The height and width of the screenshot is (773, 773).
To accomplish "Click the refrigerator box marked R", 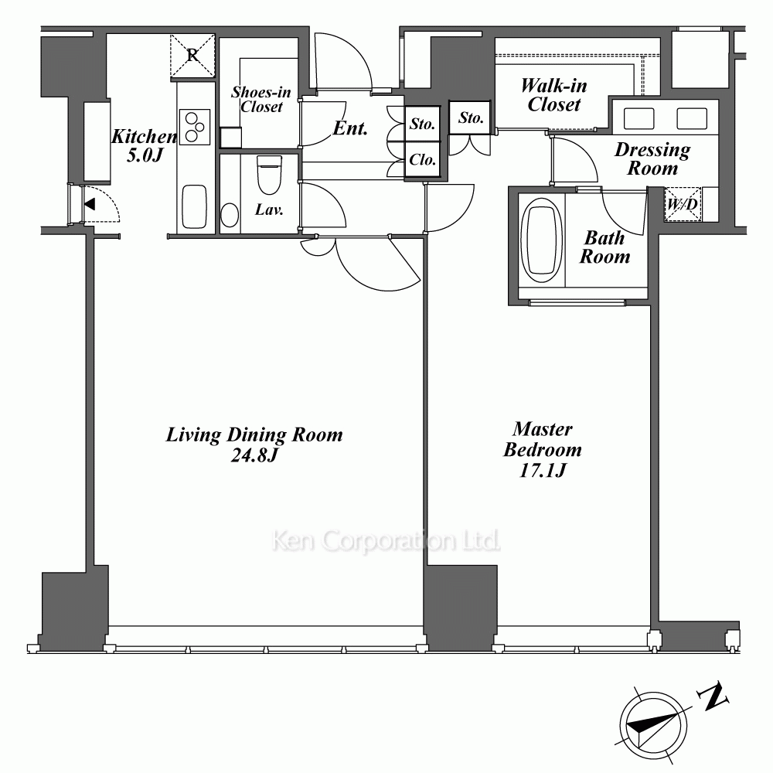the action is pos(192,56).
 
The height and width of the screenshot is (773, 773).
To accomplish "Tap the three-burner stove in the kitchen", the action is pos(195,127).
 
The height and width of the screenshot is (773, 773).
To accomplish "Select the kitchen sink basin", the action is pos(194,206).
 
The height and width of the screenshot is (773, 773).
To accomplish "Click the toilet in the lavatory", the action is pos(269,175).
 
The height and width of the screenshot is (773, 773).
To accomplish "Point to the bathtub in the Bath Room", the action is pos(542,240).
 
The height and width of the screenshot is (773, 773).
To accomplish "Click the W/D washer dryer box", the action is pos(683,204).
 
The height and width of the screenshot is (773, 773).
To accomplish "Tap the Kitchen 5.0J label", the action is pos(144,145).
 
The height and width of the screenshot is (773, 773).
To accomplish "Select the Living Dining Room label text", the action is pos(254,434).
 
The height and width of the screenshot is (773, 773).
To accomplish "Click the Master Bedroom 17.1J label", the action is pos(543,450).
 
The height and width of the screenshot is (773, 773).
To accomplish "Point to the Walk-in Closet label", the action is pos(554,95).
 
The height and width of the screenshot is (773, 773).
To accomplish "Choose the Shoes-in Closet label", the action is pos(261,99).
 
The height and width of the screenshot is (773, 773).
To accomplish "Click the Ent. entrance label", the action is pos(350,128).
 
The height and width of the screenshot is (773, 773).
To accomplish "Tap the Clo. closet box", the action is pos(423,160).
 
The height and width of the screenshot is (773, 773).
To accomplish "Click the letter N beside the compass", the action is pos(713,696).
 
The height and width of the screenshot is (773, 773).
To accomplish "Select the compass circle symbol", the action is pos(653,725).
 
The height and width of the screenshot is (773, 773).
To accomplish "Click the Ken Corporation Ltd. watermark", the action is pos(386,541).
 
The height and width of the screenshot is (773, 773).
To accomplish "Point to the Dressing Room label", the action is pos(652,158).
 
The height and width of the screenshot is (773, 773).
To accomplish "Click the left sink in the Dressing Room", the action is pos(639,119).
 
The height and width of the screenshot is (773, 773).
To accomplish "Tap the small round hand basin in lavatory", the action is pos(230,216).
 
